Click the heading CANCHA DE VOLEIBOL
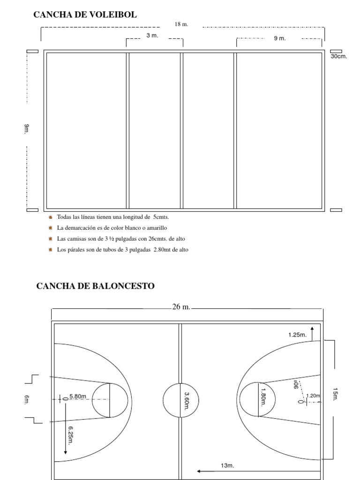[x=85, y=15]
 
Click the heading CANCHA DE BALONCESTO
[x=95, y=285]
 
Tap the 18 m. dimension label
[x=181, y=24]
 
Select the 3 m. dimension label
[x=152, y=36]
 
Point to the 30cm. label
[x=338, y=57]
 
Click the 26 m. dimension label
[x=181, y=307]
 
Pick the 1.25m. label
[x=297, y=335]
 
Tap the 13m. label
[x=227, y=465]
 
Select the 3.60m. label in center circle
[x=187, y=401]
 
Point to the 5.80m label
[x=78, y=396]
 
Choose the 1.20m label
[x=313, y=396]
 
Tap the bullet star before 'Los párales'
[x=50, y=250]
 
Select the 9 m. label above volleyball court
[x=279, y=38]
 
